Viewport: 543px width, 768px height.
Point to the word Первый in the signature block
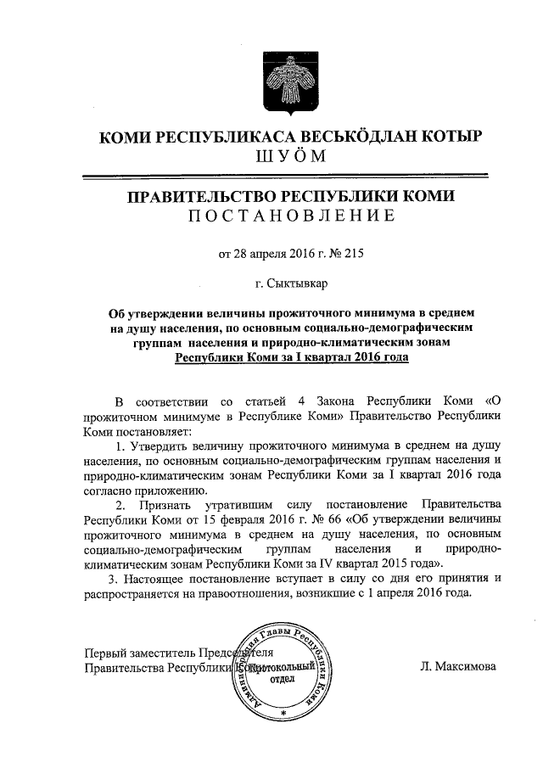click(105, 653)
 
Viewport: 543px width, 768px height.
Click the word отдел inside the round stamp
click(282, 679)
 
